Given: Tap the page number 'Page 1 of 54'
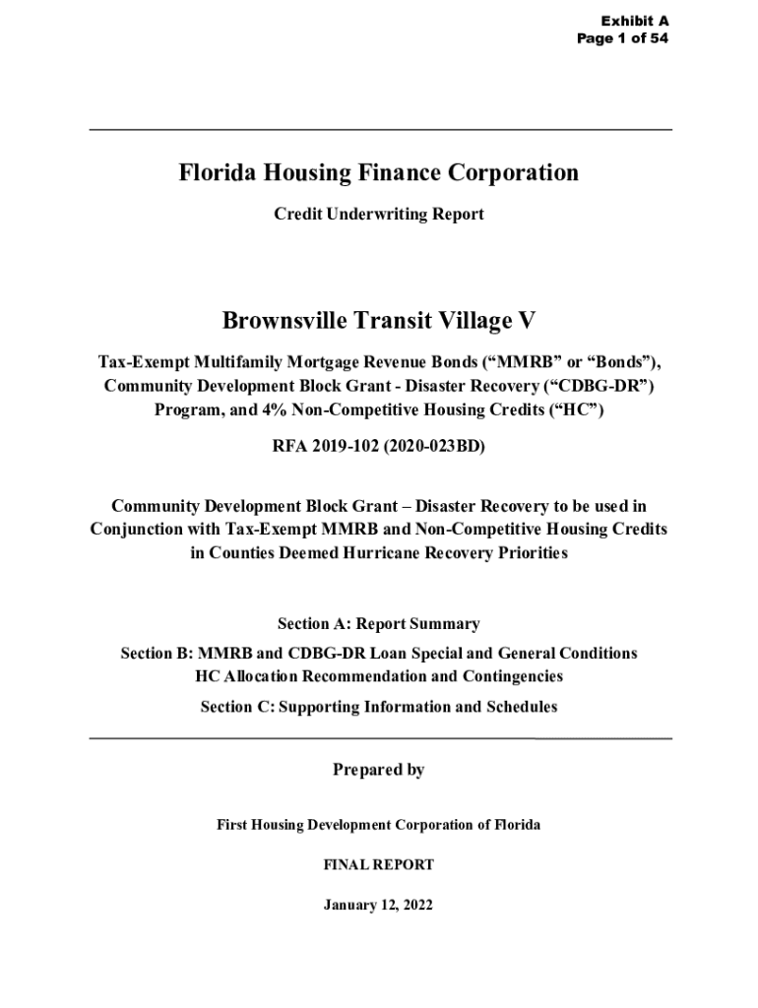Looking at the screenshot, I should tap(624, 38).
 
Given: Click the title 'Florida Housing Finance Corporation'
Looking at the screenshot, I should tap(379, 174).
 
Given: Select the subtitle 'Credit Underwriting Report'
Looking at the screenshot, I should tap(379, 214).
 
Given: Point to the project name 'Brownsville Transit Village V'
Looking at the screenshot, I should tap(379, 321).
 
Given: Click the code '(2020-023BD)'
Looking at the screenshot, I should tap(432, 446).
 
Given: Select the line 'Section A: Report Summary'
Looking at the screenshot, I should tap(379, 624).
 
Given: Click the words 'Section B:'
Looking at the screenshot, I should tap(157, 654).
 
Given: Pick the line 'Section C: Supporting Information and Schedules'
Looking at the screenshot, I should tap(379, 707).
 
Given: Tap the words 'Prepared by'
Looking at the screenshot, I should tap(379, 770).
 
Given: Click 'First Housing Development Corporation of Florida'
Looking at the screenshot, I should tap(379, 824).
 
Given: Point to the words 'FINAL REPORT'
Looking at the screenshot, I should tap(379, 865).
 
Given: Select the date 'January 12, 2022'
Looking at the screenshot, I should tap(379, 905).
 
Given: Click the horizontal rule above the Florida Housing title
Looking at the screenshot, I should tap(380, 130).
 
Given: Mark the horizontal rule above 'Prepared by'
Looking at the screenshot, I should tap(380, 737).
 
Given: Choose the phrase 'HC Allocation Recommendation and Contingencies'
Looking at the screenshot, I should tap(379, 677).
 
